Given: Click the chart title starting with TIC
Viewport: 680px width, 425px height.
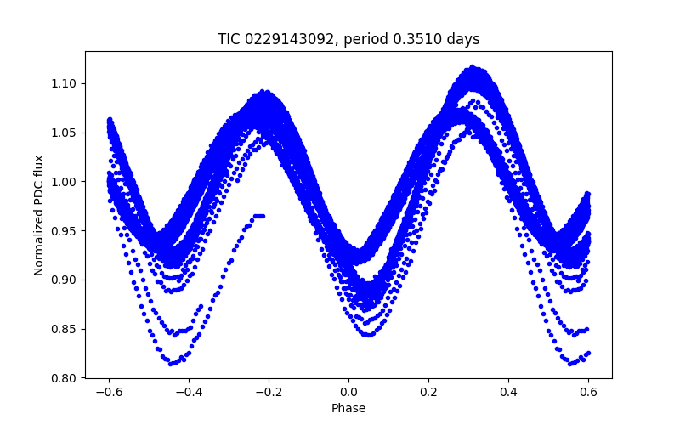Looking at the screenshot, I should click(x=348, y=39).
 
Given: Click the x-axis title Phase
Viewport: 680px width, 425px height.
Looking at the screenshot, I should click(x=348, y=408).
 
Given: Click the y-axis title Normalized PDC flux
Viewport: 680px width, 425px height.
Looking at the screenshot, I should click(x=39, y=214).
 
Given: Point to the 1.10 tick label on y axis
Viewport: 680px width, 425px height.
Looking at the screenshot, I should click(x=65, y=83).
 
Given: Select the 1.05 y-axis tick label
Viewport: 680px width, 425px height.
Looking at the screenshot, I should click(x=65, y=133).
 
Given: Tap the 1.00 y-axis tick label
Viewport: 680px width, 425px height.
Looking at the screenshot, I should click(x=65, y=182).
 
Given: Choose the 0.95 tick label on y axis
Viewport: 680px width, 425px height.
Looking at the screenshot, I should click(x=65, y=231).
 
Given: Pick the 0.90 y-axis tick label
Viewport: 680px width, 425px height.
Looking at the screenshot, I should click(x=65, y=280).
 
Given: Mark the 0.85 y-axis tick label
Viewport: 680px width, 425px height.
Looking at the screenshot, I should click(x=65, y=329).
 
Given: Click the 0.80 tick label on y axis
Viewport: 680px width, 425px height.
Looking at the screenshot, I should click(x=65, y=378).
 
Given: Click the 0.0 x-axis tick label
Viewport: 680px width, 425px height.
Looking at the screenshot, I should click(x=348, y=393).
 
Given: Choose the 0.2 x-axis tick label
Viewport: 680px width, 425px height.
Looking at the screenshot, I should click(x=428, y=393).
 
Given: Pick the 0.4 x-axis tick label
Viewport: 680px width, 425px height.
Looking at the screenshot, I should click(x=508, y=393).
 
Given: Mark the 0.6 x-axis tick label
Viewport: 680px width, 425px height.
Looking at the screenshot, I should click(x=588, y=393).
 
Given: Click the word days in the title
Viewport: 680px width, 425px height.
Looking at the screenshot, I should click(x=464, y=39).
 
